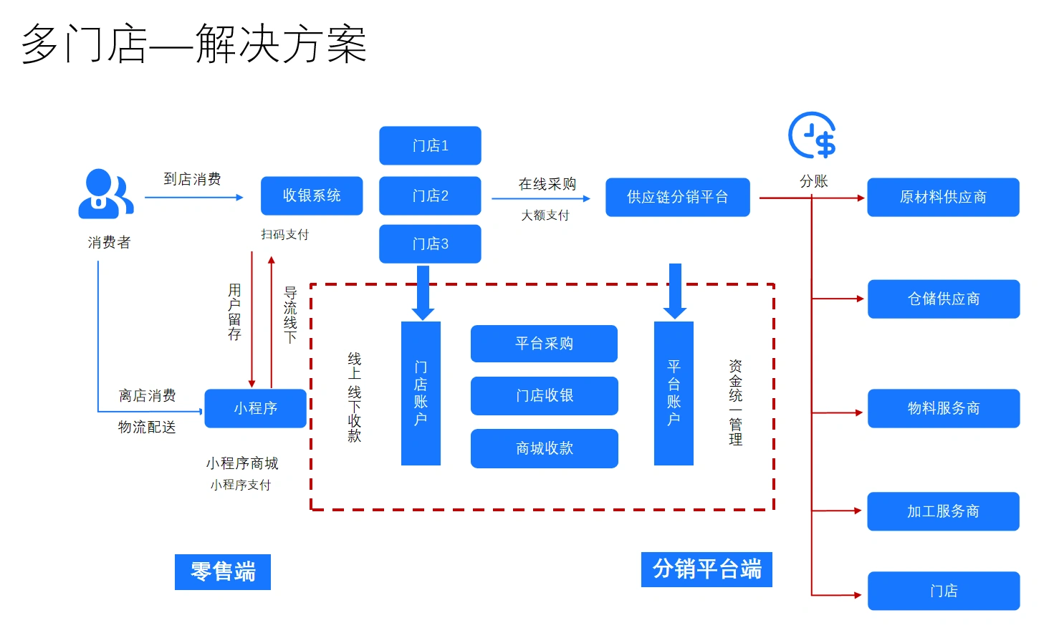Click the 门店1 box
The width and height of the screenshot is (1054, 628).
coord(430,145)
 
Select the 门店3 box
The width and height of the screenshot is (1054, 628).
coord(430,243)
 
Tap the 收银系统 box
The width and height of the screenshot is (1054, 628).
coord(312,195)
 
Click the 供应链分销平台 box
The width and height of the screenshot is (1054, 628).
coord(677,197)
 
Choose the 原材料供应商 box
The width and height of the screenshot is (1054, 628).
coord(943,197)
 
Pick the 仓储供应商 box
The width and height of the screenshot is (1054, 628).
coord(943,299)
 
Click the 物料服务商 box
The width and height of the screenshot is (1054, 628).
coord(943,408)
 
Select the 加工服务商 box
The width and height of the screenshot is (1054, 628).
coord(943,511)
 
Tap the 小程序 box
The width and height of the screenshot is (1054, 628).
coord(255,408)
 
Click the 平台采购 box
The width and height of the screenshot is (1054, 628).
coord(544,344)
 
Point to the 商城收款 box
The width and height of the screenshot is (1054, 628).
coord(544,448)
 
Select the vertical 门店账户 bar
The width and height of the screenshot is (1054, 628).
coord(421,393)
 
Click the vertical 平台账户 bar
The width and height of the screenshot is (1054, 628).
coord(674,393)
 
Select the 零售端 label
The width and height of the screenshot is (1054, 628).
coord(223,571)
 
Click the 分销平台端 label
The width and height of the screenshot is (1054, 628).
coord(706,569)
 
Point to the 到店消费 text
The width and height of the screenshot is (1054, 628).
coord(192,179)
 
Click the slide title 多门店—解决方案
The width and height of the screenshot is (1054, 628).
coord(194,44)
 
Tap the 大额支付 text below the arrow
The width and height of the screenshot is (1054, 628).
coord(545,216)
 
